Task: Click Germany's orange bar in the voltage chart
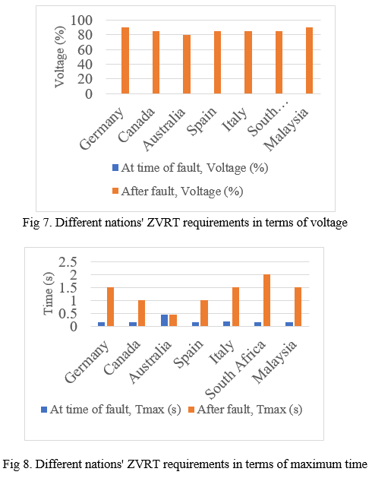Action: tap(125, 60)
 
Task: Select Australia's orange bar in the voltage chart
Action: tap(187, 64)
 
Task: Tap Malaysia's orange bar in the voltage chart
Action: tap(309, 60)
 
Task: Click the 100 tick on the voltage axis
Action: tap(81, 21)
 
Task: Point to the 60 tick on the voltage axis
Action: tap(85, 49)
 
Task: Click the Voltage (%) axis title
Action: tap(60, 57)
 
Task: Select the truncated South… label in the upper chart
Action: tap(268, 121)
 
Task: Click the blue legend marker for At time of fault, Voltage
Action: tap(115, 168)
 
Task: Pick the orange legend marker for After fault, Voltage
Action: tap(115, 192)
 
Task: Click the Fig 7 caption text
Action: tap(185, 223)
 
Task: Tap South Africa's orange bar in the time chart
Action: tap(267, 300)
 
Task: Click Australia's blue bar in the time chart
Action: tap(165, 321)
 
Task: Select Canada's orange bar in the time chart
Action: tap(142, 313)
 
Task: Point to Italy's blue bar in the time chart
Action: tap(227, 324)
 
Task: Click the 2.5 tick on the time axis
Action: tap(68, 262)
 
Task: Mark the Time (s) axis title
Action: tap(49, 293)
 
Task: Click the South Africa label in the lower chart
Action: tap(235, 369)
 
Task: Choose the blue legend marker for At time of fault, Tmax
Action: tap(44, 410)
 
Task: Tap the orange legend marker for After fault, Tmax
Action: tap(191, 410)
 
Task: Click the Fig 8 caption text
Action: tap(185, 464)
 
